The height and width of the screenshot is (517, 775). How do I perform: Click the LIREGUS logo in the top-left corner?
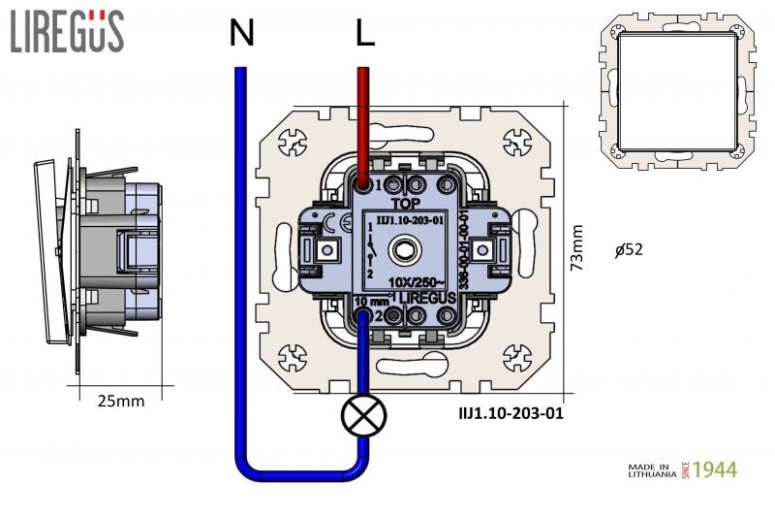point(67,31)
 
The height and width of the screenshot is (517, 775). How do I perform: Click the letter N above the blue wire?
point(242,35)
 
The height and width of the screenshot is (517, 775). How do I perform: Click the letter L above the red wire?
point(364,35)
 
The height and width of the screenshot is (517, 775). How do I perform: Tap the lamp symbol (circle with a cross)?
point(363,417)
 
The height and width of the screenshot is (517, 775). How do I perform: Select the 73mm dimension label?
point(577,248)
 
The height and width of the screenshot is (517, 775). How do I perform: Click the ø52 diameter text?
point(630,249)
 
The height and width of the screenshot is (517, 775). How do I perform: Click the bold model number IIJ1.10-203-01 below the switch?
point(511,412)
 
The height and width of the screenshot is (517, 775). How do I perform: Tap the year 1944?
point(716,470)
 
